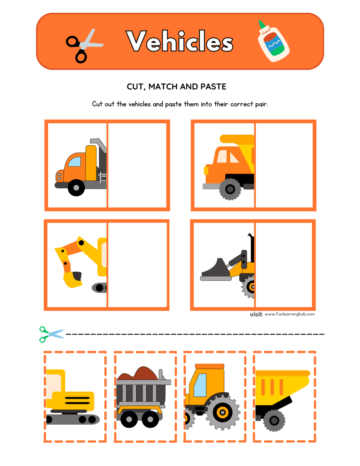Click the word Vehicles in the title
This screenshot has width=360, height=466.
(x=180, y=42)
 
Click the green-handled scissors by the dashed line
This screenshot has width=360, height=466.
(x=51, y=334)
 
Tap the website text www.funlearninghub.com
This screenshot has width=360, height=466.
(x=289, y=314)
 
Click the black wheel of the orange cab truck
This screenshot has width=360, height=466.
(x=76, y=187)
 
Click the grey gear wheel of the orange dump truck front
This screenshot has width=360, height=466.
(x=230, y=188)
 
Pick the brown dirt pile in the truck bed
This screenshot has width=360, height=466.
(x=139, y=374)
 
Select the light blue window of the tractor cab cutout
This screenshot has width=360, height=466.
(x=199, y=385)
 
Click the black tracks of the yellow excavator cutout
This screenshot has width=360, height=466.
(x=73, y=419)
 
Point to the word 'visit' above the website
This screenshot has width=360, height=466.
(x=256, y=314)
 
